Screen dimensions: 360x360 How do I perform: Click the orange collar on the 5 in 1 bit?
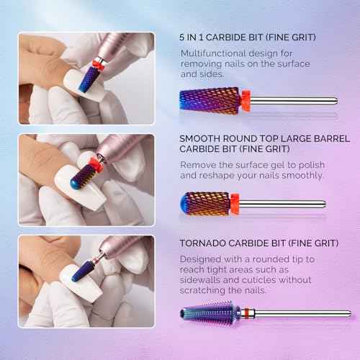click(x=246, y=100)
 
